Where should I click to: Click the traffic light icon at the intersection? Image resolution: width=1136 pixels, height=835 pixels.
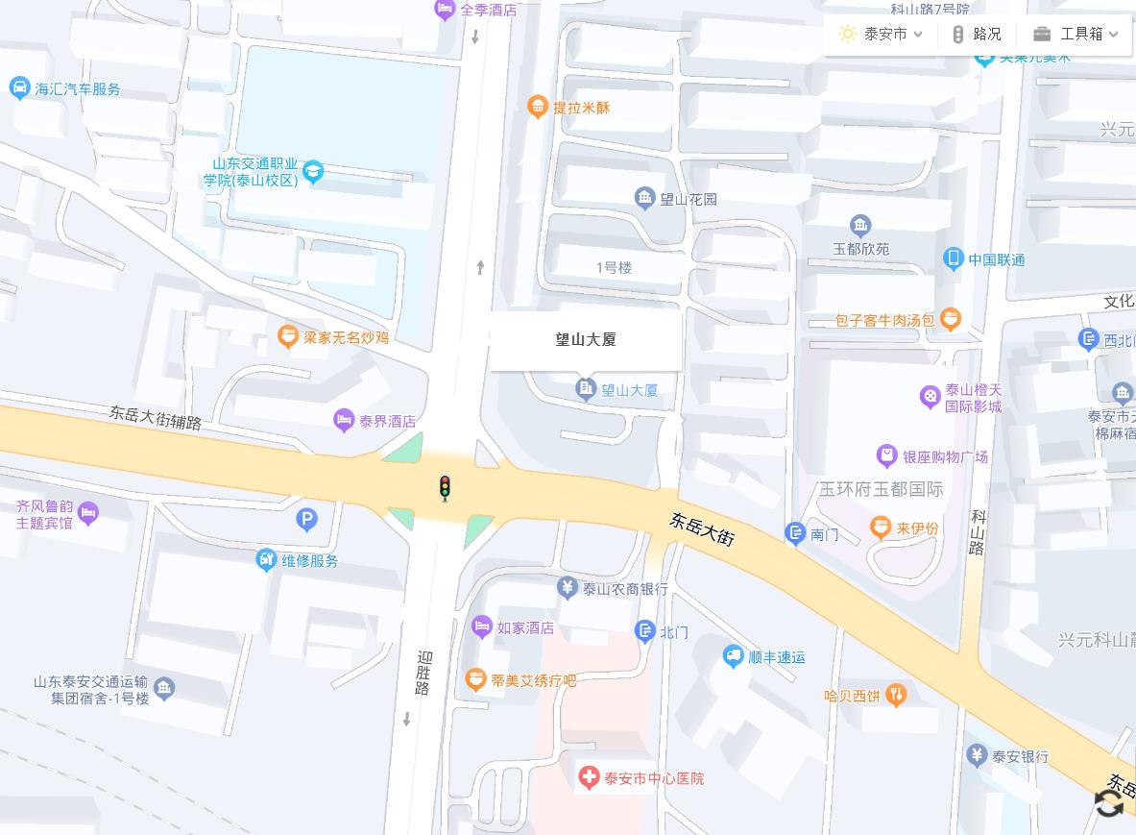pos(444,488)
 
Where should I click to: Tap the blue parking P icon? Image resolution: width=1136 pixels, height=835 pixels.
pos(306,520)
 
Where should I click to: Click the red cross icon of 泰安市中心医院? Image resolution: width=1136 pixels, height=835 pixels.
pos(589,777)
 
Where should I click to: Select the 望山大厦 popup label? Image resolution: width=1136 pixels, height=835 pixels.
pos(586,339)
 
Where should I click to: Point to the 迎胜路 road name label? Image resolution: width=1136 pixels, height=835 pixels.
pos(423,673)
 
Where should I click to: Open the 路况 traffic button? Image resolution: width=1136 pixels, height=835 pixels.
pos(976,35)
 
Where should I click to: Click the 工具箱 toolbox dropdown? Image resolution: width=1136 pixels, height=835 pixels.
pos(1076,35)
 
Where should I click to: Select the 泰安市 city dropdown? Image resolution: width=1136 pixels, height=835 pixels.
pos(881,35)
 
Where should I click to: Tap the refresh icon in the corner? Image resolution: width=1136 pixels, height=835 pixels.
pos(1109,803)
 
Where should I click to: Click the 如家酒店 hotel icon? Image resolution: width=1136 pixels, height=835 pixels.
pos(482,627)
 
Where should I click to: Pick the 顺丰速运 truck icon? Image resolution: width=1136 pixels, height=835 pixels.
pos(734,656)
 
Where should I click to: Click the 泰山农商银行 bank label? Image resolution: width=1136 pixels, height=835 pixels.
pos(625,589)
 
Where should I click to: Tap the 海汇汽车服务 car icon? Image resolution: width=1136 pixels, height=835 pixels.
pos(19,88)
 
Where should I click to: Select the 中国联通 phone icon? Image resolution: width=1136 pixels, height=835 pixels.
pos(953,258)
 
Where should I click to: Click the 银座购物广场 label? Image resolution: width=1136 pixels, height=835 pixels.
pos(945,456)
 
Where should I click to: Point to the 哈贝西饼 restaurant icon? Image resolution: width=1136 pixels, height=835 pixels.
pos(896,695)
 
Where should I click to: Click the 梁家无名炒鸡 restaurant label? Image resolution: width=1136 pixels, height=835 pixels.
pos(346,337)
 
